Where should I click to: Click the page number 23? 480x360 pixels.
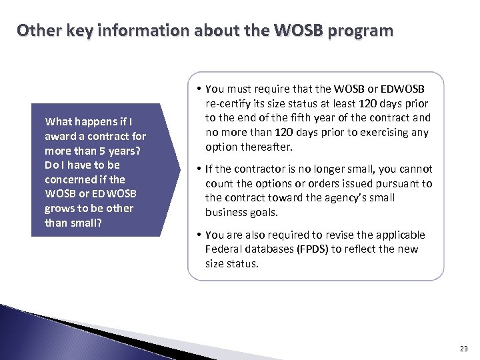point(464,349)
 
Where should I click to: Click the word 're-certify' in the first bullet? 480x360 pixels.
point(227,103)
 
